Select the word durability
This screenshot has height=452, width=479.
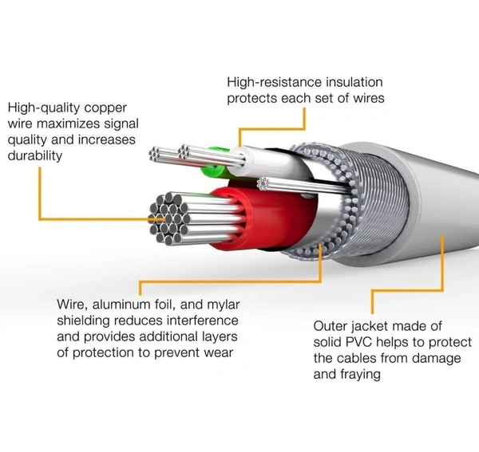(35, 155)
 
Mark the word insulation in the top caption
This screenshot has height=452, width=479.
(354, 82)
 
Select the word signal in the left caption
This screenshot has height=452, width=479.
(118, 124)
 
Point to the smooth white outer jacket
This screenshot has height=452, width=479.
(431, 215)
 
